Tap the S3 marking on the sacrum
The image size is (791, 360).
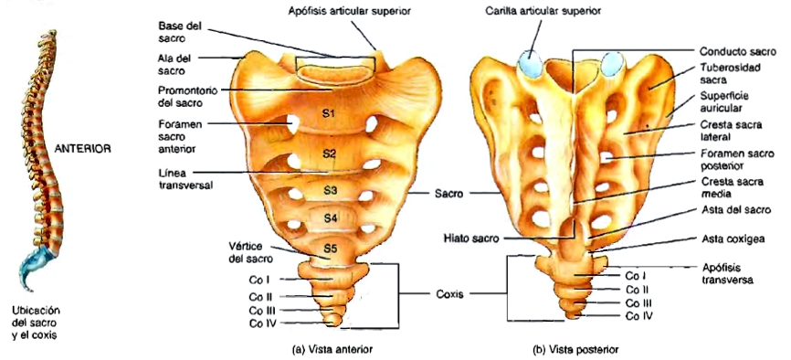[x=330, y=190]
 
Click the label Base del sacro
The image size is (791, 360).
[x=179, y=32]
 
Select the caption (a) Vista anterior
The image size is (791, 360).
[x=332, y=348]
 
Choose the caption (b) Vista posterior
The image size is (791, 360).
[x=578, y=348]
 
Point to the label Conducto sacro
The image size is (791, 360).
[x=730, y=52]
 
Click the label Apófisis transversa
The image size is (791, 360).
[x=728, y=275]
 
